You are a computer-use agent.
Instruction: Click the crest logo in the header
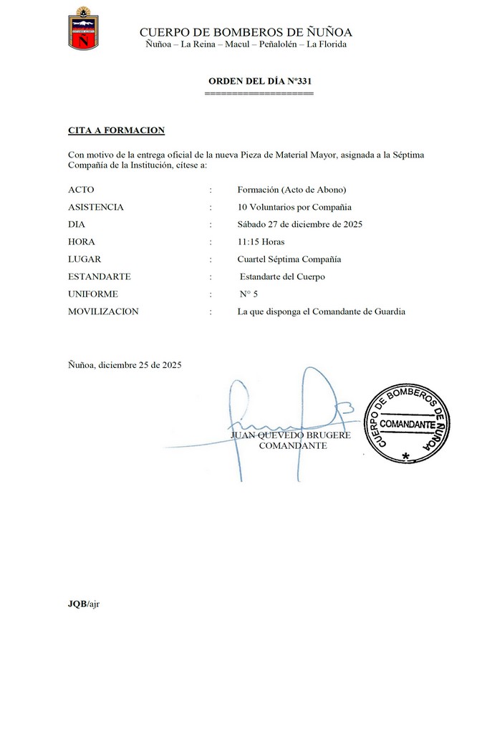click(x=83, y=29)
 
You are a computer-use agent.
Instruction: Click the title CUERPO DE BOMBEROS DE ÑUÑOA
click(x=246, y=32)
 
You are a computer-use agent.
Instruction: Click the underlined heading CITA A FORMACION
click(x=116, y=130)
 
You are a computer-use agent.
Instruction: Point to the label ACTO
click(x=81, y=190)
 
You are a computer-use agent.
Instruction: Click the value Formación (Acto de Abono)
click(x=291, y=190)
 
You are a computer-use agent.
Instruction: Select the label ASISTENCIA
click(x=96, y=207)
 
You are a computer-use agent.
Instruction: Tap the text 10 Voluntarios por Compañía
click(x=294, y=207)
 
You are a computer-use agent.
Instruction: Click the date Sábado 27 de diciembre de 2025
click(x=300, y=224)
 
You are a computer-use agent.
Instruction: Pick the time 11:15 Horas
click(x=261, y=242)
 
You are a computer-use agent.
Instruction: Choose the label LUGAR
click(x=85, y=259)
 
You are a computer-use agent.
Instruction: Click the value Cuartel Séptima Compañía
click(x=289, y=259)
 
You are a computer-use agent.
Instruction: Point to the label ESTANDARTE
click(x=100, y=276)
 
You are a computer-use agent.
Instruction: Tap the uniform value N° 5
click(x=249, y=294)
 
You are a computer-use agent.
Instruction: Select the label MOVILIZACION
click(x=103, y=311)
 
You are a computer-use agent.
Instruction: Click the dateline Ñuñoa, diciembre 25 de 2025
click(x=125, y=364)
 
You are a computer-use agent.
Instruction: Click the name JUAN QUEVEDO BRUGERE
click(x=291, y=435)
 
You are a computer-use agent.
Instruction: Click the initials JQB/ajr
click(x=84, y=604)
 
